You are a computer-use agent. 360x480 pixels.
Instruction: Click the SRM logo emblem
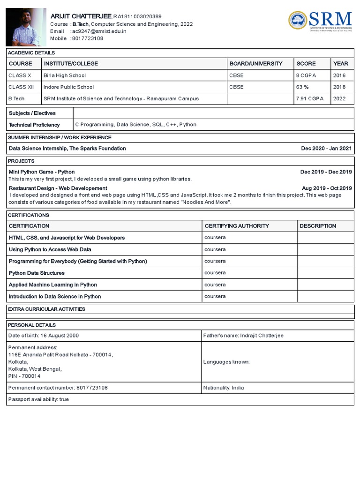click(297, 20)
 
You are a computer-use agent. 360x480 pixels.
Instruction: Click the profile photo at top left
click(25, 27)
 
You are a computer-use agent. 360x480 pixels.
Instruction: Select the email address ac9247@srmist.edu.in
click(99, 31)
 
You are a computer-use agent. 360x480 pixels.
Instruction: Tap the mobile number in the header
click(88, 38)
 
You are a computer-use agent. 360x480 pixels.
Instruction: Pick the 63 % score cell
click(302, 87)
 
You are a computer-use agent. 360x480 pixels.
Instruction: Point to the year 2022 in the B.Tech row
click(339, 99)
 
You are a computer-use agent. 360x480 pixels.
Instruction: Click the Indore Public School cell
click(68, 87)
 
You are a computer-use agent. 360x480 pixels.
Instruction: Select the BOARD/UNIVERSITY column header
click(256, 64)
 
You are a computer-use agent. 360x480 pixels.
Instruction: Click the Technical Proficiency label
click(34, 125)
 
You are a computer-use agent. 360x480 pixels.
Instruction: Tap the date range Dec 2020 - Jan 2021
click(326, 149)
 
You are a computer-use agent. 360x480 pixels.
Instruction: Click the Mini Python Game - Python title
click(42, 172)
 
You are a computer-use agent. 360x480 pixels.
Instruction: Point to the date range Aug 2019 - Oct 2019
click(327, 188)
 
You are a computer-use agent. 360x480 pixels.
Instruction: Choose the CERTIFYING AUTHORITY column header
click(237, 226)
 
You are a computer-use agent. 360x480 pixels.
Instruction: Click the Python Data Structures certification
click(37, 273)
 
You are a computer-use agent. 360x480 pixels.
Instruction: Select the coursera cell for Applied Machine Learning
click(215, 285)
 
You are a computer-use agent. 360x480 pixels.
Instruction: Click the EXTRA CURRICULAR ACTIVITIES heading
click(47, 309)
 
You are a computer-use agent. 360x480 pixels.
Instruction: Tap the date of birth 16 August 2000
click(44, 336)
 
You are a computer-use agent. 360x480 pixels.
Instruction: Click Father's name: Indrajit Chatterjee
click(243, 336)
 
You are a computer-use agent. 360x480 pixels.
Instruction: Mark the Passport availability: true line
click(39, 399)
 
